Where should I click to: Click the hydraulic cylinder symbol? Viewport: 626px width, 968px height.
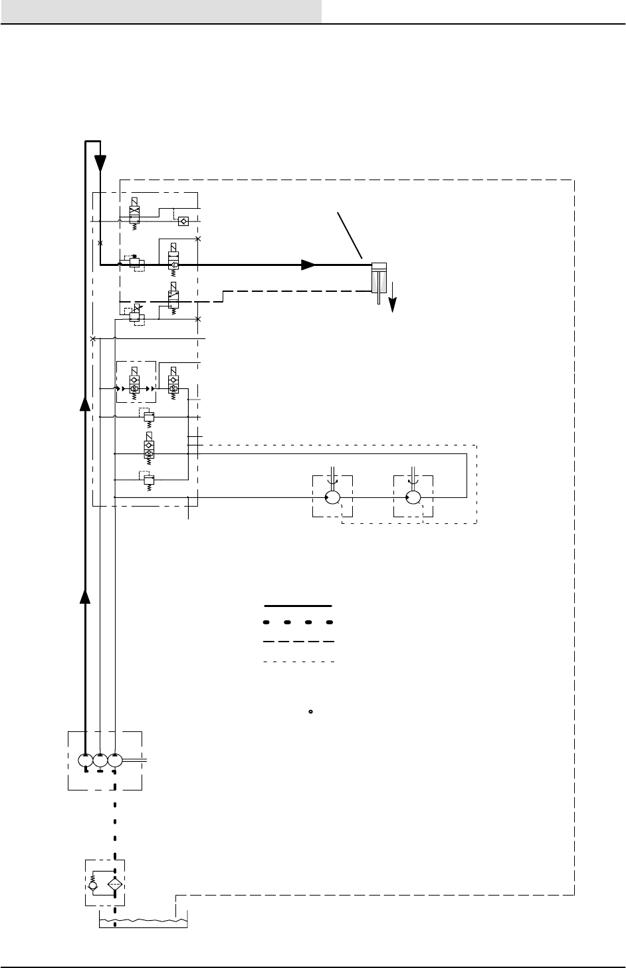[x=379, y=279]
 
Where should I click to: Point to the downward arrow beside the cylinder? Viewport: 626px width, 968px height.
[x=393, y=300]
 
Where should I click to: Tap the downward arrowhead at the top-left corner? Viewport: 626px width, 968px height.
[x=100, y=162]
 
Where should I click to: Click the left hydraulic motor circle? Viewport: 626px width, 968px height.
[x=333, y=497]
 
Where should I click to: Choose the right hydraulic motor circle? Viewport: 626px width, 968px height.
[x=413, y=497]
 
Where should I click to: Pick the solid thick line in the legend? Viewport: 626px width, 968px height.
[x=298, y=606]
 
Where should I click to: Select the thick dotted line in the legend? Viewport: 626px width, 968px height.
[x=298, y=624]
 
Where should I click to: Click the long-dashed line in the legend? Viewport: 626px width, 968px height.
[x=298, y=642]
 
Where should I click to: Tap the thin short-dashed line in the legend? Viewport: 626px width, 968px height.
[x=298, y=662]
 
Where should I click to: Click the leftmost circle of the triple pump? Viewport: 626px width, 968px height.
[x=85, y=760]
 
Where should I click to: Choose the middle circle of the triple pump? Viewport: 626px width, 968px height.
[x=100, y=760]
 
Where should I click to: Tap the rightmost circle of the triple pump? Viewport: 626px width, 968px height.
[x=115, y=760]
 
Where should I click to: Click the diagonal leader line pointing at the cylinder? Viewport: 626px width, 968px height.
[x=350, y=235]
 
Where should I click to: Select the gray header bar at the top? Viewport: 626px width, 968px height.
[x=161, y=11]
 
